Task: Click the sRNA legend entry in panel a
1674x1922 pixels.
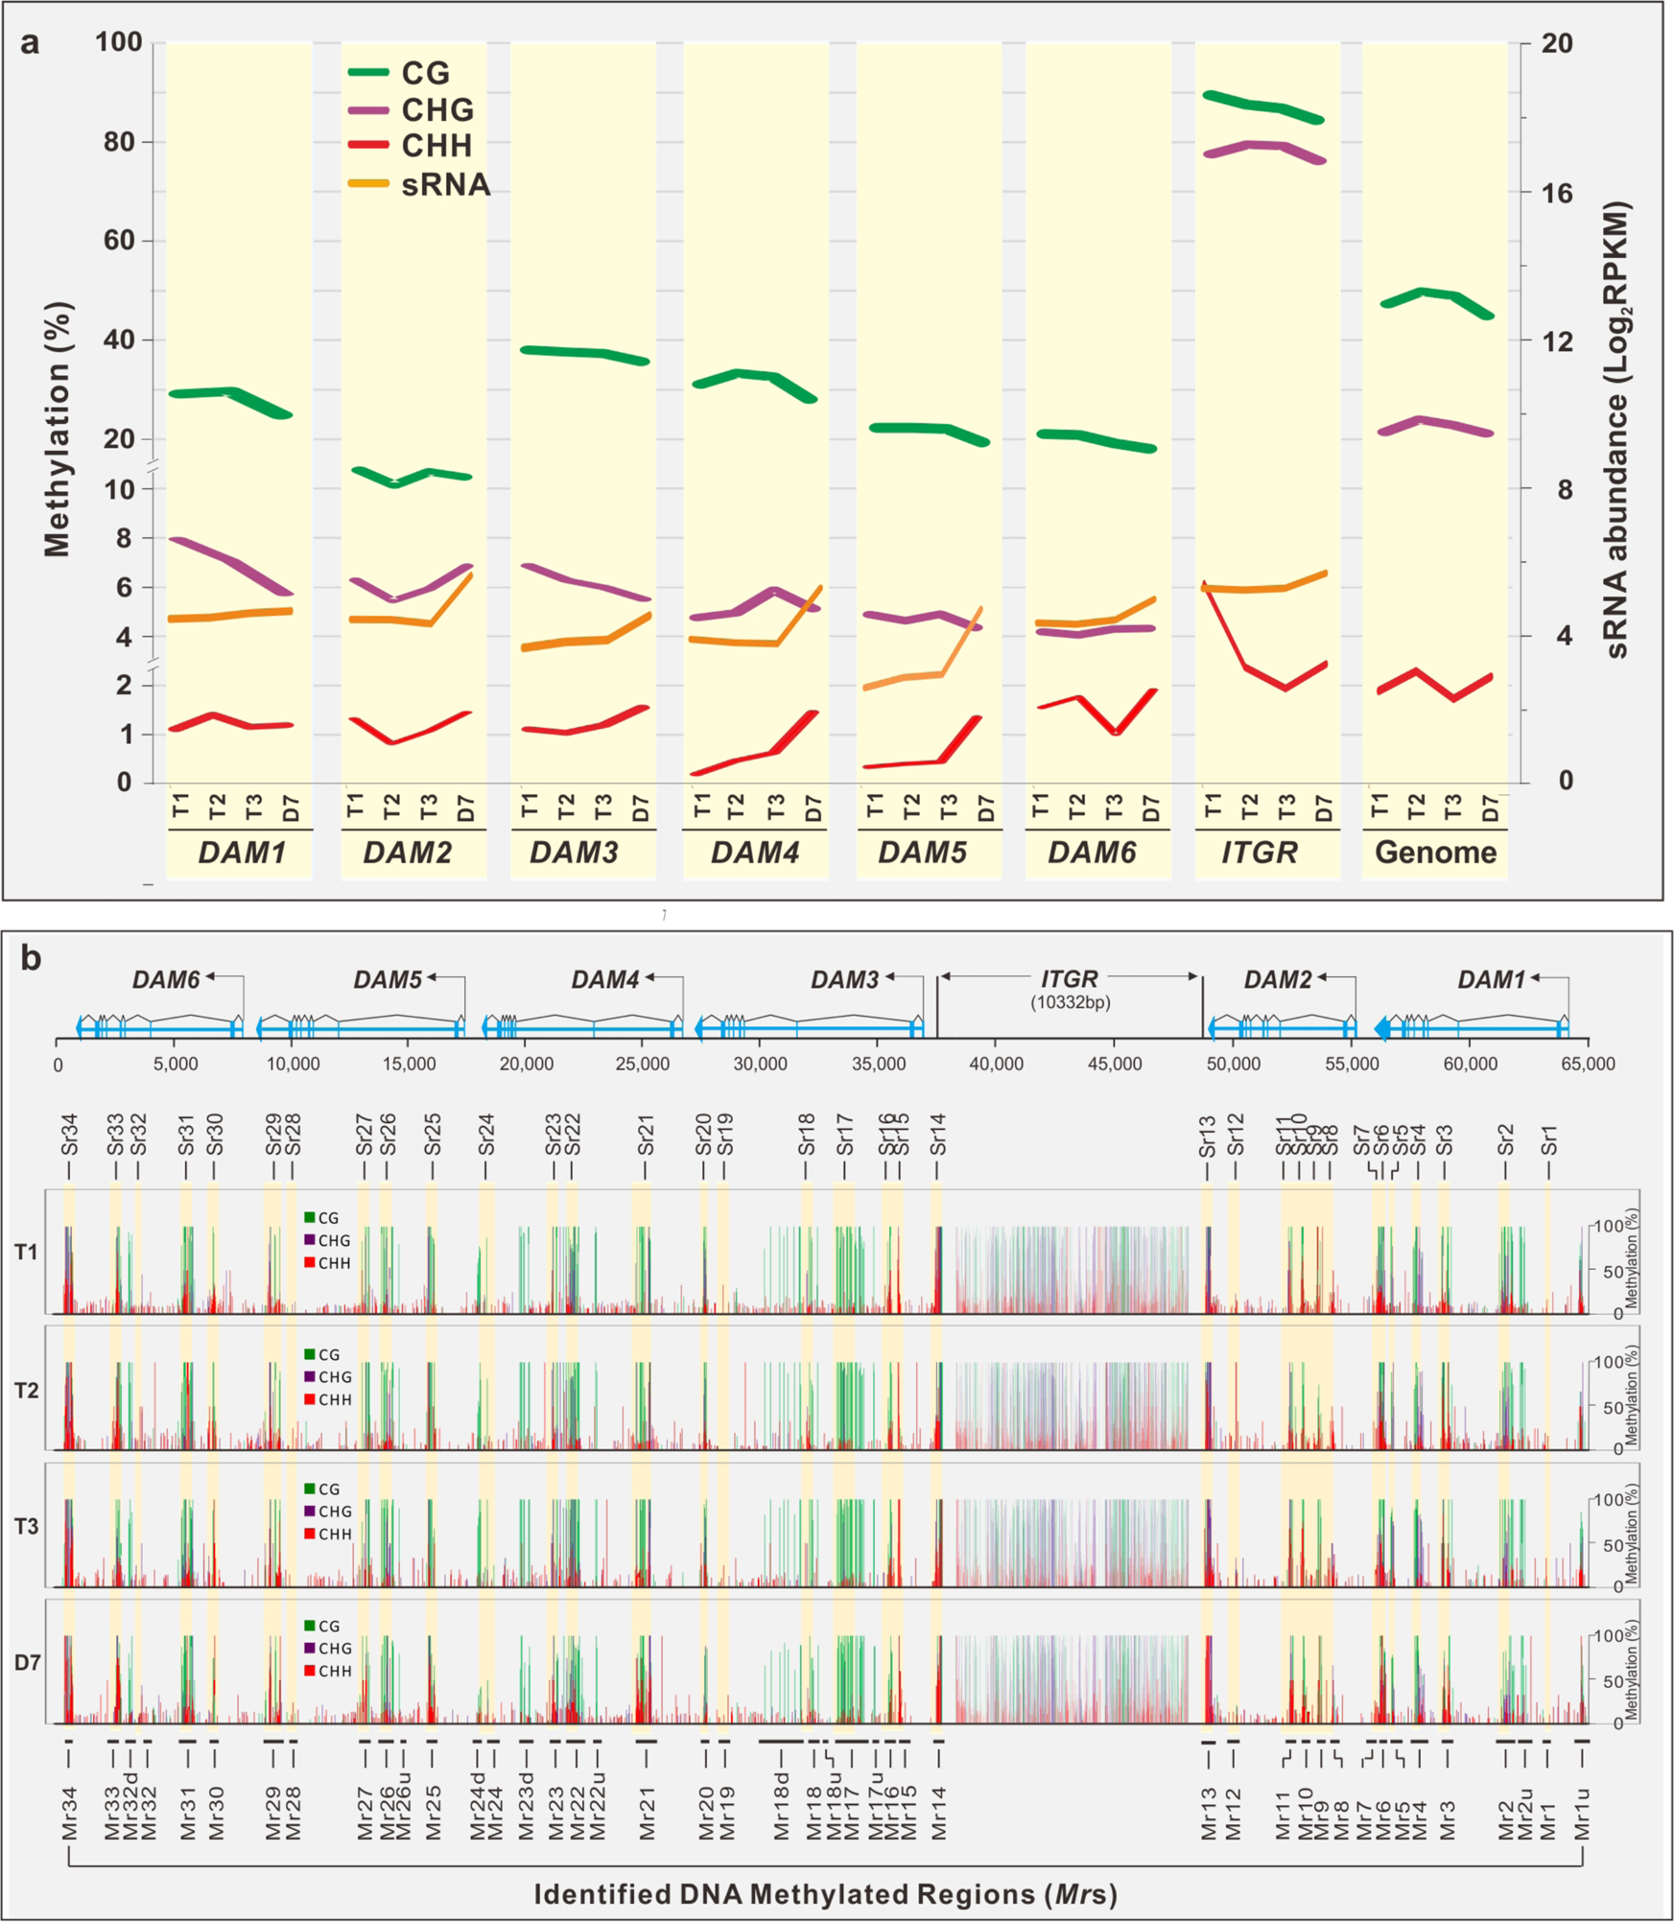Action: (444, 184)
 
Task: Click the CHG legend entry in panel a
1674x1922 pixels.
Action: (436, 109)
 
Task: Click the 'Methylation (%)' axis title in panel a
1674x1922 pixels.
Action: (58, 429)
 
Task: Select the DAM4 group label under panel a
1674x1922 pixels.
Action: (754, 853)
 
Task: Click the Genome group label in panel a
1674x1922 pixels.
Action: (1434, 853)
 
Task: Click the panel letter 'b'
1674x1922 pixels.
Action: (31, 958)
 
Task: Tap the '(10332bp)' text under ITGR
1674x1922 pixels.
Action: (1070, 1003)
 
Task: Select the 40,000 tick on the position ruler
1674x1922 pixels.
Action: (996, 1064)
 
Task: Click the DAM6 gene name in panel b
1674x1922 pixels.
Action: (166, 979)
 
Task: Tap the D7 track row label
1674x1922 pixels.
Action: (27, 1662)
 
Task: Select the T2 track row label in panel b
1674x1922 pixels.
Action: (27, 1391)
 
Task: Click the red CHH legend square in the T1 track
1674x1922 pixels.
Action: (310, 1262)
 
